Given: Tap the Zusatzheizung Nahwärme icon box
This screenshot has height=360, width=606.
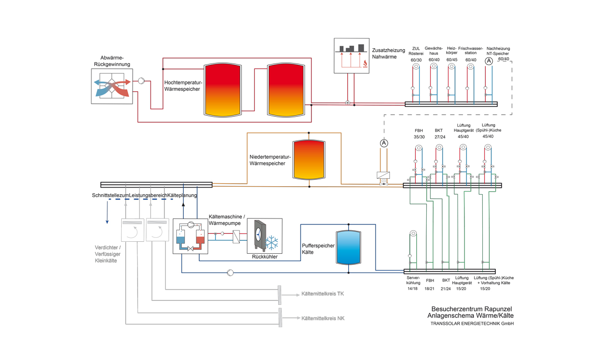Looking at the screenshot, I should pyautogui.click(x=351, y=56).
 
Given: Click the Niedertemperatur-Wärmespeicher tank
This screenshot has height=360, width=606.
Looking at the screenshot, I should pyautogui.click(x=309, y=160).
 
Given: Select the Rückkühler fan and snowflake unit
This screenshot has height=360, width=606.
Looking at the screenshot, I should pyautogui.click(x=265, y=236).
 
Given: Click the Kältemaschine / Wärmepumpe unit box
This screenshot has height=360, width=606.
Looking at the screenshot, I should pyautogui.click(x=190, y=236).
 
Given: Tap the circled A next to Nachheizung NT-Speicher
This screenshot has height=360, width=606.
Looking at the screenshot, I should pyautogui.click(x=489, y=61).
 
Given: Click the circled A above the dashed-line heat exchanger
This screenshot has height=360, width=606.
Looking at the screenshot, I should pyautogui.click(x=383, y=144).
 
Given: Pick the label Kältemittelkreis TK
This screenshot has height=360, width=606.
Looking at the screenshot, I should pyautogui.click(x=322, y=294).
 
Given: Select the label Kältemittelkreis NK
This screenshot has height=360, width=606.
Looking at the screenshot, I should pyautogui.click(x=323, y=318).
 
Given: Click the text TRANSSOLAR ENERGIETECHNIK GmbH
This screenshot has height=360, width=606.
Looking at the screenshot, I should pyautogui.click(x=472, y=324).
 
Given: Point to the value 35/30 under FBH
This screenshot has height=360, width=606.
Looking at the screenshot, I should pyautogui.click(x=419, y=137).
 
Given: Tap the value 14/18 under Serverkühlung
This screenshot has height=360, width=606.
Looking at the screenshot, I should pyautogui.click(x=413, y=288).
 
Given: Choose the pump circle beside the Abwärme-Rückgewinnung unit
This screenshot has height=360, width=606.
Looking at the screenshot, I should pyautogui.click(x=141, y=81).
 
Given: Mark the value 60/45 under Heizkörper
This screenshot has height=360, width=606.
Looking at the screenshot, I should pyautogui.click(x=452, y=60).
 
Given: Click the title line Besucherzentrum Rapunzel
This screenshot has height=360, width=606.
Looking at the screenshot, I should pyautogui.click(x=471, y=308).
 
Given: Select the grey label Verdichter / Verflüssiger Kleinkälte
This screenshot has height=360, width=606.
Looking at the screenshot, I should pyautogui.click(x=108, y=254).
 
